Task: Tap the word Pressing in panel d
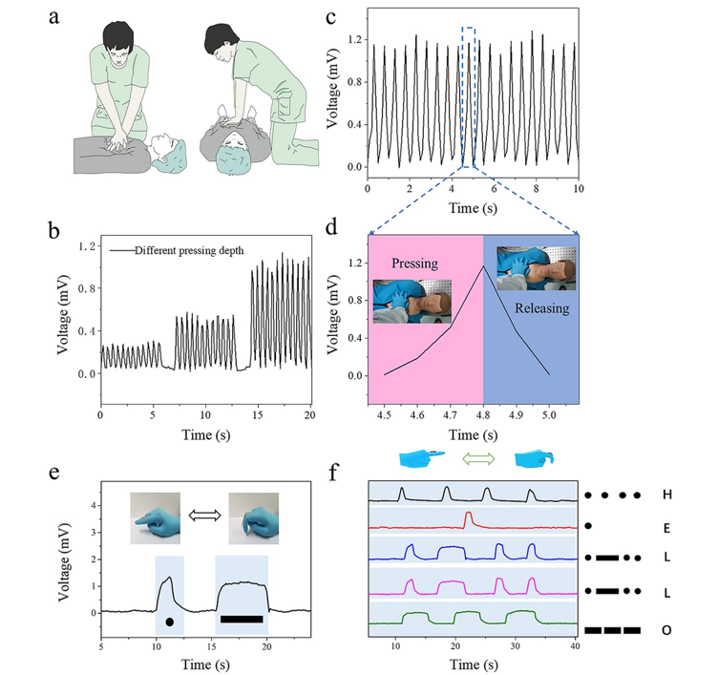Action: tap(413, 263)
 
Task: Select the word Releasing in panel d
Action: tap(541, 308)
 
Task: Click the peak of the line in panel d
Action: tap(484, 266)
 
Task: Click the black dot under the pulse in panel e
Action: tap(169, 622)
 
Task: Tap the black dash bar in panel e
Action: tap(241, 620)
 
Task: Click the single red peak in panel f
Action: tap(468, 517)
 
